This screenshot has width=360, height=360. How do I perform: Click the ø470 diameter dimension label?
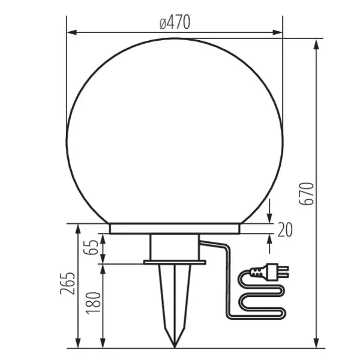pos(175,23)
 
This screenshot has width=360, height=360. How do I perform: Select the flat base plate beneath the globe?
pos(175,229)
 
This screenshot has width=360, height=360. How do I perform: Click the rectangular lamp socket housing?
pos(175,247)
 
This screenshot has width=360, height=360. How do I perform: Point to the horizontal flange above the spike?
pos(175,262)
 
